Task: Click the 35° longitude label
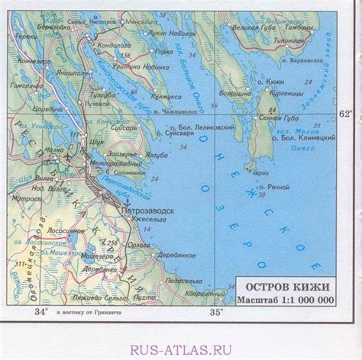(x=217, y=311)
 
